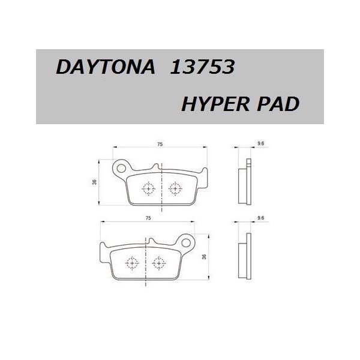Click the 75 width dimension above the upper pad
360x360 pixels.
[x=161, y=145]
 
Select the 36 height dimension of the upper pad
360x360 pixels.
[x=95, y=182]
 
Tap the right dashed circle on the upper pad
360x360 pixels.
[x=175, y=188]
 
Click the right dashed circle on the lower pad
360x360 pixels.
[x=159, y=263]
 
